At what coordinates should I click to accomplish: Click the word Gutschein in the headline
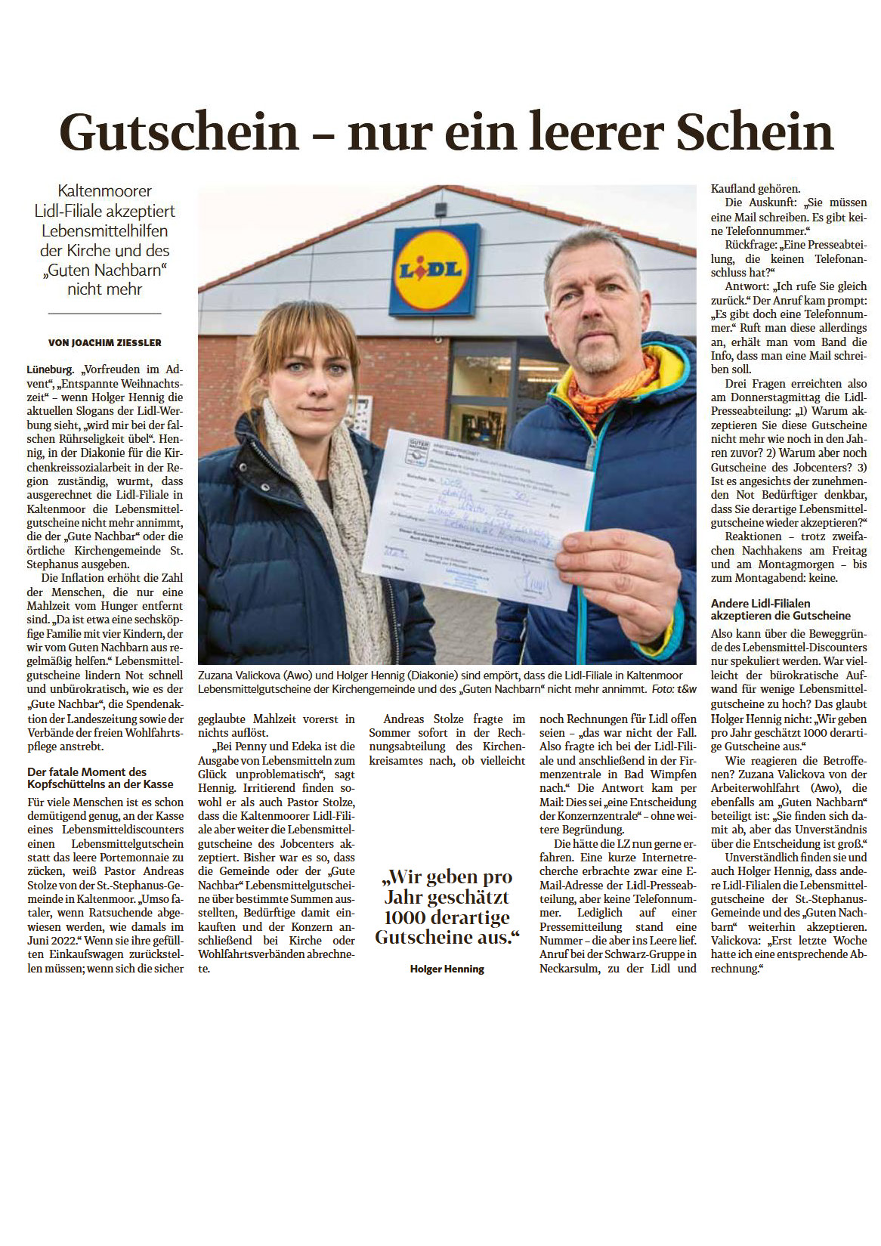(180, 132)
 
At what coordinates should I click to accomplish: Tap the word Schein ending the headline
(754, 132)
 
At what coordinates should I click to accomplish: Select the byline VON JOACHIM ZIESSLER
(105, 342)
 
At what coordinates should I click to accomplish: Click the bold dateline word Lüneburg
(51, 369)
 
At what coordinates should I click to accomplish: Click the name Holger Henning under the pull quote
(447, 969)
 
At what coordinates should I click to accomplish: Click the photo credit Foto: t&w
(674, 689)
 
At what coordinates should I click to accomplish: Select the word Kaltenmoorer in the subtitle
(104, 191)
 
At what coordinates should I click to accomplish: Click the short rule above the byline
(104, 313)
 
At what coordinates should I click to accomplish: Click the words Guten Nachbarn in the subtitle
(104, 270)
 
